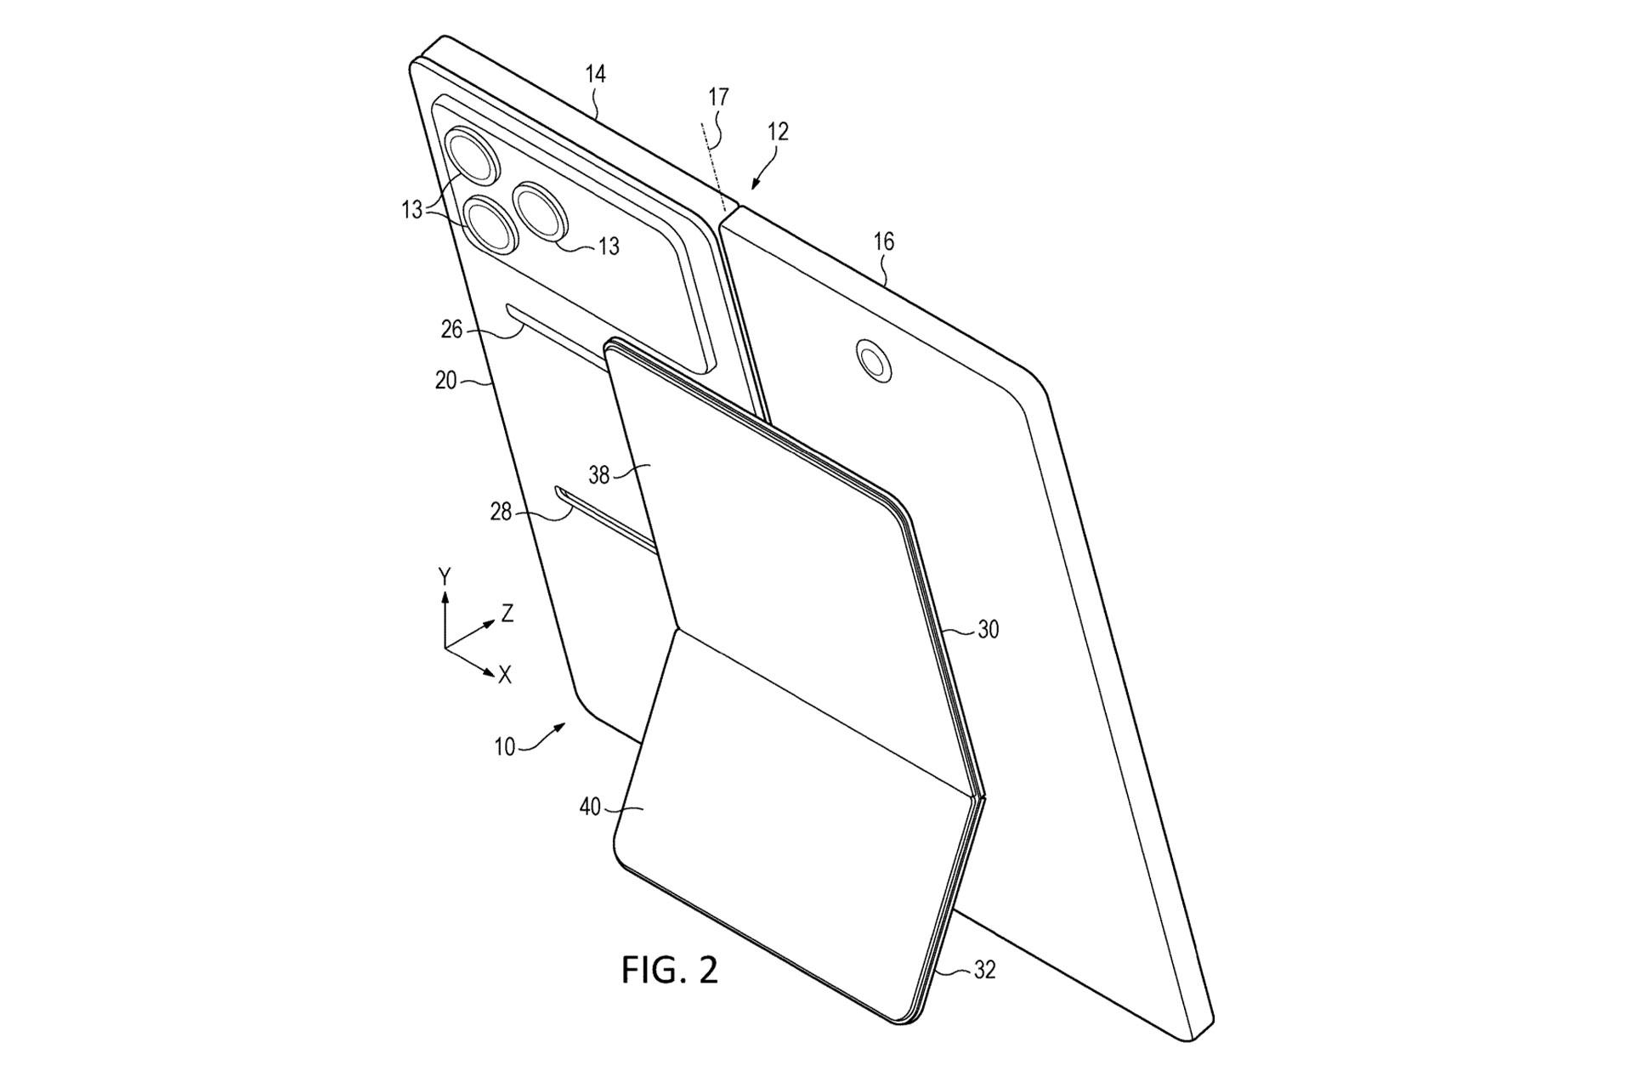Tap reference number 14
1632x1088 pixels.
596,74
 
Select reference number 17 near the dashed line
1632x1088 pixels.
718,97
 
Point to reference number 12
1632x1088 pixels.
778,131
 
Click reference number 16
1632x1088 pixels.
884,241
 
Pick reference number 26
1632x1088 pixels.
451,328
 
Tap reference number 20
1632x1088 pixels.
446,381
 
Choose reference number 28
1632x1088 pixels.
501,512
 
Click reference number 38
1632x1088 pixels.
599,474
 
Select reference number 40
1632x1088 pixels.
590,807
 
